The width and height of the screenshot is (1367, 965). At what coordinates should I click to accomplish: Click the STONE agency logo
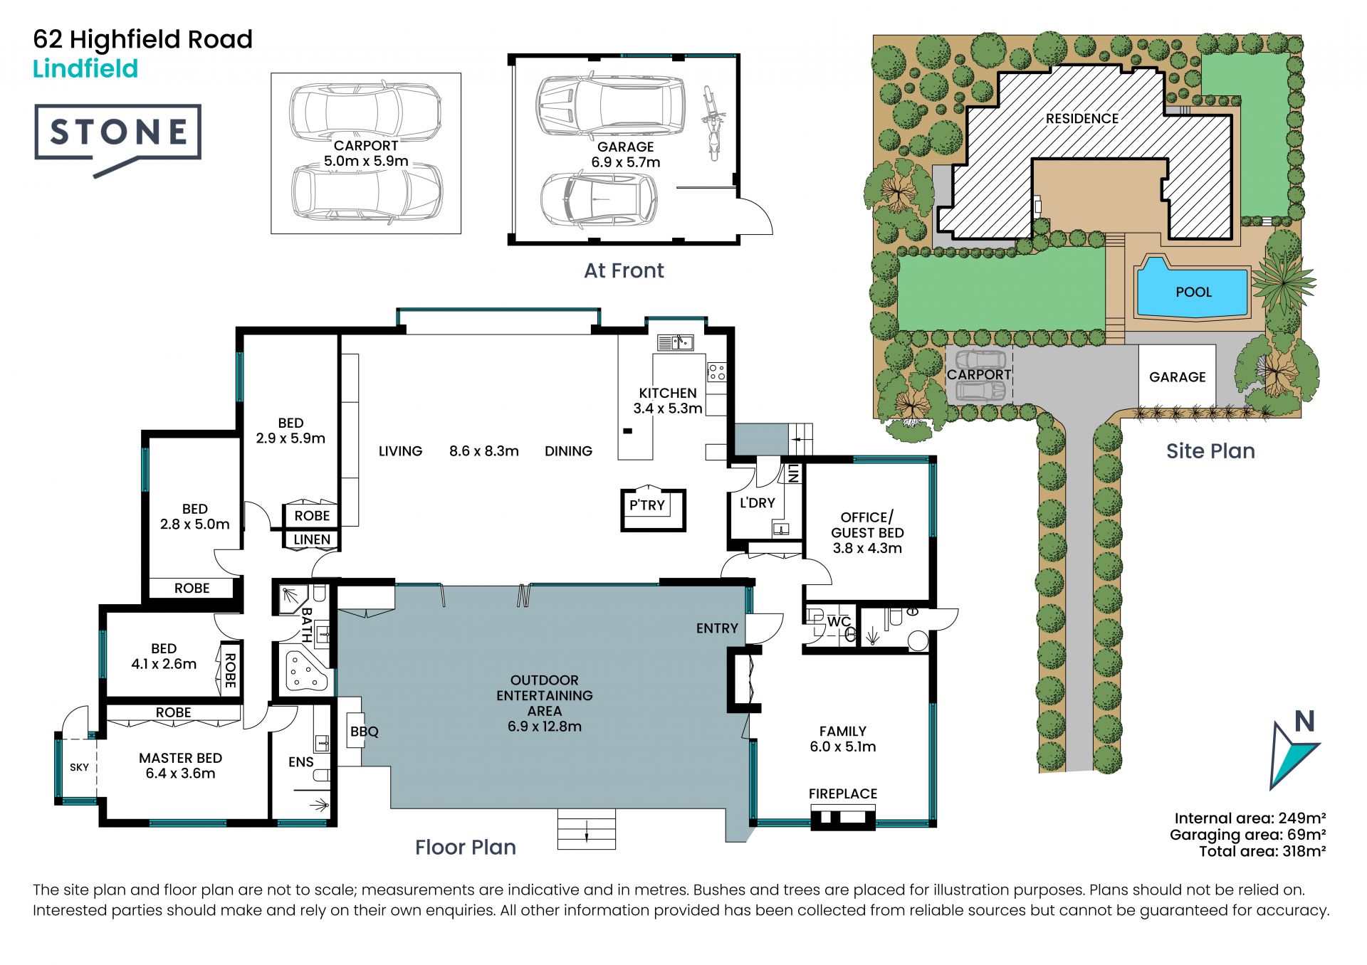118,139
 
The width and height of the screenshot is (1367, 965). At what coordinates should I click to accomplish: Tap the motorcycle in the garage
711,122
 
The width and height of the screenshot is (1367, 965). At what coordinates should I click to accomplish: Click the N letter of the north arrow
1304,722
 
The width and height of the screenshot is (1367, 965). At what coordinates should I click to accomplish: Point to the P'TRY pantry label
647,505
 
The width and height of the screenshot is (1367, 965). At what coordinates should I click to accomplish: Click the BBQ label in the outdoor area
365,732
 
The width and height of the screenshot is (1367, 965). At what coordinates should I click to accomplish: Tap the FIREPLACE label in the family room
843,793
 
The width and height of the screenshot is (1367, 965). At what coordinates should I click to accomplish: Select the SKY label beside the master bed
79,767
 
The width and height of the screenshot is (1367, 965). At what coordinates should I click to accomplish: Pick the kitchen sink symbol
675,343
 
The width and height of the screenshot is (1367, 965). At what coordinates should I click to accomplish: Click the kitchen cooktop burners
716,371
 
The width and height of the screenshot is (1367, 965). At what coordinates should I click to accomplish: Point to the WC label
839,621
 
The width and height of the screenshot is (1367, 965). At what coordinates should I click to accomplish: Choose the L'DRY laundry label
757,503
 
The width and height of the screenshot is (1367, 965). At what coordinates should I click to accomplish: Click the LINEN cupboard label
312,539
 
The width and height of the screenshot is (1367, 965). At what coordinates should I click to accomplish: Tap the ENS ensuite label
300,762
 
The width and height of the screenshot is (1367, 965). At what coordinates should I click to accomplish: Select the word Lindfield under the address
85,69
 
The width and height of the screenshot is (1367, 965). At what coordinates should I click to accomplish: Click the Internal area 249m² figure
1250,818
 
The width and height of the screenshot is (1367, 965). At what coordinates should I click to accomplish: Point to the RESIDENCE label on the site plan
1081,119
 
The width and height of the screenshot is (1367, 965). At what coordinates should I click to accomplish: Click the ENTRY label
717,628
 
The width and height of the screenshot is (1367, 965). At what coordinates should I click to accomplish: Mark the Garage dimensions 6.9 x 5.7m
626,162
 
